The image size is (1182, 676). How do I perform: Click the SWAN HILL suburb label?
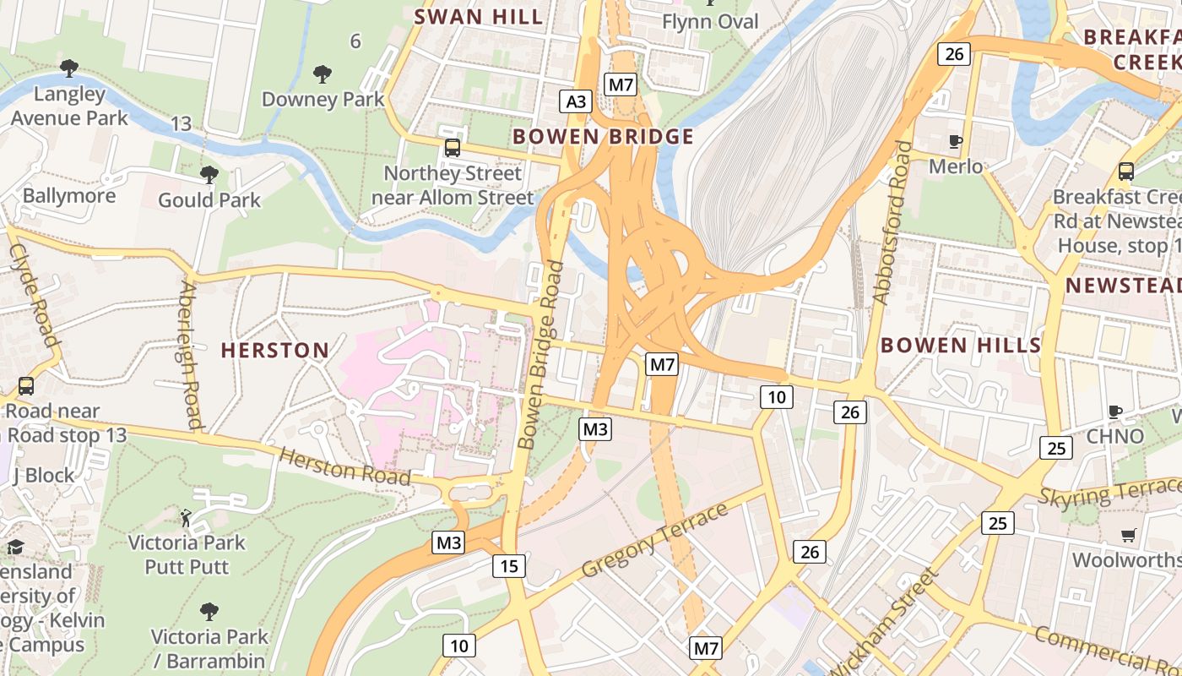pyautogui.click(x=478, y=17)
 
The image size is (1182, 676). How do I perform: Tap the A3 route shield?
pyautogui.click(x=575, y=102)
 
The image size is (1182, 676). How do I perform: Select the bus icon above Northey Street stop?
pyautogui.click(x=453, y=148)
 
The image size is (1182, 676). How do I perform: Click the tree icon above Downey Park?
pyautogui.click(x=322, y=74)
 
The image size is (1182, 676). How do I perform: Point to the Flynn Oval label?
pyautogui.click(x=710, y=22)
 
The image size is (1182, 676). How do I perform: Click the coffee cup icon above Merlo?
pyautogui.click(x=956, y=141)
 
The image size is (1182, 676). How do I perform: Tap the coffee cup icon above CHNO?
pyautogui.click(x=1114, y=412)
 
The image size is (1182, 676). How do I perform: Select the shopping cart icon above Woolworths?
pyautogui.click(x=1128, y=535)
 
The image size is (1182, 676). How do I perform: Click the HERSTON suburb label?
pyautogui.click(x=274, y=350)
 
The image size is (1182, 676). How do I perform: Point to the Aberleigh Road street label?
pyautogui.click(x=191, y=355)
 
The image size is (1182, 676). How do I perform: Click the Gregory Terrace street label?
pyautogui.click(x=655, y=541)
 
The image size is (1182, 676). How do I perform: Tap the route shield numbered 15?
pyautogui.click(x=509, y=565)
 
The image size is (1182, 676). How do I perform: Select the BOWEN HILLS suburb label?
pyautogui.click(x=961, y=345)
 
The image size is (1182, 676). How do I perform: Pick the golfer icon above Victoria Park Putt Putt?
pyautogui.click(x=187, y=517)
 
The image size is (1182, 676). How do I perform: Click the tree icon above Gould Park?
pyautogui.click(x=209, y=175)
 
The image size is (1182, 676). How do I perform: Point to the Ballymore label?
pyautogui.click(x=69, y=196)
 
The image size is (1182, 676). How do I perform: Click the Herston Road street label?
pyautogui.click(x=344, y=466)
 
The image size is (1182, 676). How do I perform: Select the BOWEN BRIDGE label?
pyautogui.click(x=603, y=137)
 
